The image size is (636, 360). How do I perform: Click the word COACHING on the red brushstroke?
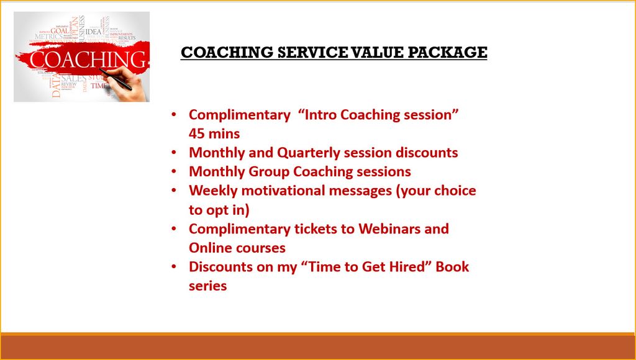click(x=81, y=60)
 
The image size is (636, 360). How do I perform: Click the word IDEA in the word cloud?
click(x=94, y=31)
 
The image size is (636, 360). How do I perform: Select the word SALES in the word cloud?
click(x=74, y=79)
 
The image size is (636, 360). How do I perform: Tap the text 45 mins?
click(x=214, y=133)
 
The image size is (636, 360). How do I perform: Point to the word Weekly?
click(x=213, y=191)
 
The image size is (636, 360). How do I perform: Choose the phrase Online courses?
click(x=237, y=248)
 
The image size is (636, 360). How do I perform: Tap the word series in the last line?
click(x=207, y=286)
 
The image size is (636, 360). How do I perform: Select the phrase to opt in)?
click(x=219, y=210)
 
